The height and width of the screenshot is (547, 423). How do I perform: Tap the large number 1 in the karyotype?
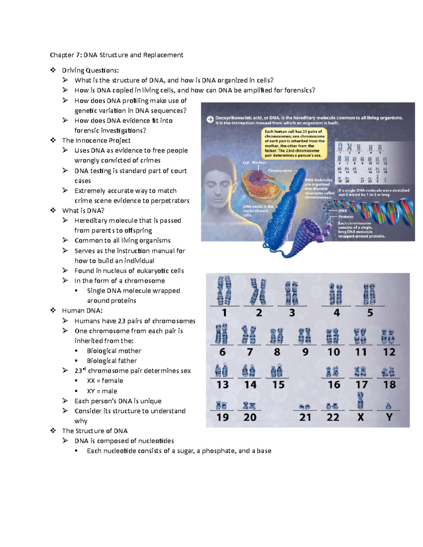click(224, 313)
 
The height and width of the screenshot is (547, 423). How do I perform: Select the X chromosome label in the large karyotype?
click(360, 417)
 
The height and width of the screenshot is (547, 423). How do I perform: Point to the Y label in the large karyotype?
click(389, 417)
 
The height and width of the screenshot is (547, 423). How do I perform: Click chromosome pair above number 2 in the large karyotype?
click(258, 292)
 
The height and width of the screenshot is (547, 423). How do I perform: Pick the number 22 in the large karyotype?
click(333, 417)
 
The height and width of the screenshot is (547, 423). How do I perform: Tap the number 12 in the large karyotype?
click(389, 352)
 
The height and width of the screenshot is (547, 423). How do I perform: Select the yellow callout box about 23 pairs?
click(294, 143)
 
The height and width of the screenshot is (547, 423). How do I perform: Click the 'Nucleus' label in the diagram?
click(259, 162)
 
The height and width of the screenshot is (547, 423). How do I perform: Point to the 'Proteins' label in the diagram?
click(346, 217)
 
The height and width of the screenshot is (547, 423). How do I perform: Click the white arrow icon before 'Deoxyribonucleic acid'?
click(210, 120)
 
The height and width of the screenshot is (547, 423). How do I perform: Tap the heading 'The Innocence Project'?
click(96, 141)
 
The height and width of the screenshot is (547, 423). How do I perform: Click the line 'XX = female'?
click(105, 381)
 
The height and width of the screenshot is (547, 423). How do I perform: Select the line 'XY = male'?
click(102, 391)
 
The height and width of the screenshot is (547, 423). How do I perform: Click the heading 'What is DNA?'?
click(83, 211)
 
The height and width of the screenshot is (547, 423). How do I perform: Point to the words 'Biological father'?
click(112, 361)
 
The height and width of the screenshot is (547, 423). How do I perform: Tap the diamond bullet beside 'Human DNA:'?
click(53, 310)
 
